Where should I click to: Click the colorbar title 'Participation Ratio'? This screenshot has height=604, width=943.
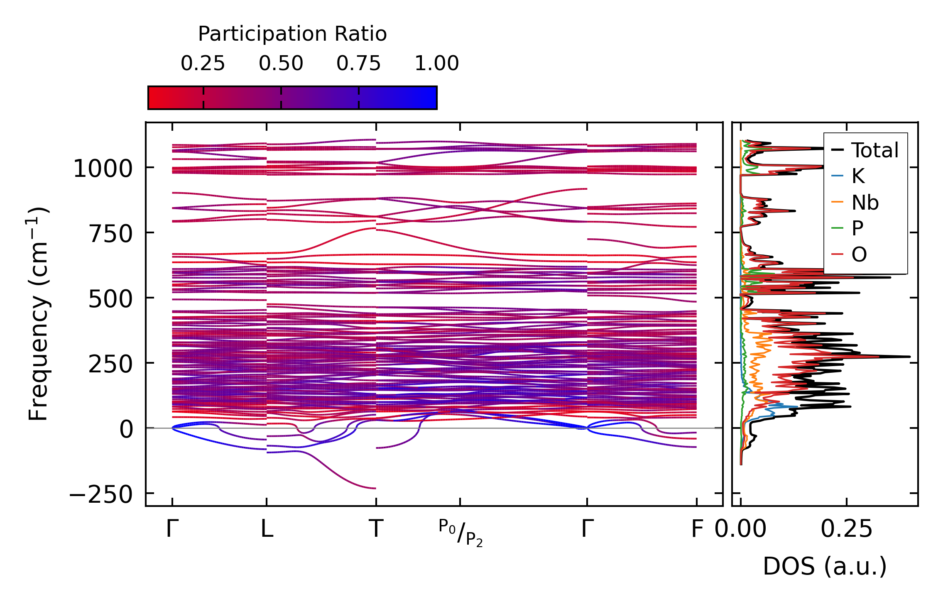pos(292,34)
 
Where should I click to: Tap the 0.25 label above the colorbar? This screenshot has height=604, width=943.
pos(203,64)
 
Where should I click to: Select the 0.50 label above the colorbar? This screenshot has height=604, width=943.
pos(281,64)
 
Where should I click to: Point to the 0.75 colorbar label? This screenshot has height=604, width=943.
pos(358,64)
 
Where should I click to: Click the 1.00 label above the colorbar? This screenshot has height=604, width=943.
pos(436,64)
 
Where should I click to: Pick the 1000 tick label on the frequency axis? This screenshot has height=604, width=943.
pos(103,169)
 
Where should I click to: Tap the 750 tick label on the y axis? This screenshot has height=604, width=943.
pos(110,234)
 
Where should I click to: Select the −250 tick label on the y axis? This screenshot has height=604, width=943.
pos(101,494)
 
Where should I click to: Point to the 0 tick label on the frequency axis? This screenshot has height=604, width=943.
pos(126,429)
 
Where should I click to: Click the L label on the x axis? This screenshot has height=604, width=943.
pos(267,529)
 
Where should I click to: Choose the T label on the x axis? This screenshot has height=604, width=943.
pos(376,529)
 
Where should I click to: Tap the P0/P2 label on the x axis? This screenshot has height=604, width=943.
pos(460,532)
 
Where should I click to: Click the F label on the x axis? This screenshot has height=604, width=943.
pos(697,529)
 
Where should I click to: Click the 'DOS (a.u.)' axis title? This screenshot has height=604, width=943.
pos(825,566)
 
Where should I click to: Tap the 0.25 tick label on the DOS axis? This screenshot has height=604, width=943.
pos(846,529)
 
